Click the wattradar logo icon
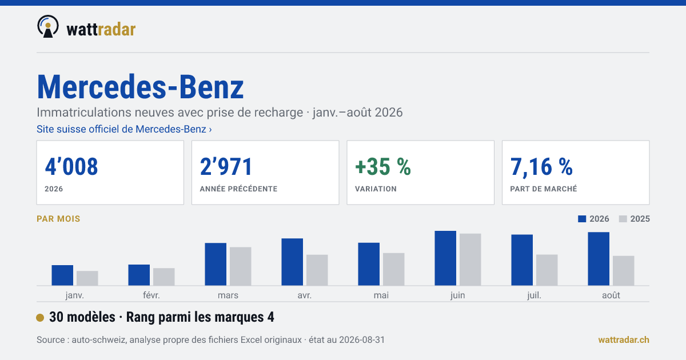[x=48, y=26]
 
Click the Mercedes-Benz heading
[x=140, y=87]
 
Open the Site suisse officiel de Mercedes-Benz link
[x=124, y=129]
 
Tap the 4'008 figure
[x=71, y=166]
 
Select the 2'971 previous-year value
[x=226, y=166]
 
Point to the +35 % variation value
[x=383, y=166]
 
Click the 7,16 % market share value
[x=541, y=167]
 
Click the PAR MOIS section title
[x=58, y=219]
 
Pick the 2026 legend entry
[x=593, y=219]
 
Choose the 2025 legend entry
[x=634, y=219]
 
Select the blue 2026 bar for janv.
[x=62, y=275]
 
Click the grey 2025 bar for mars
[x=241, y=266]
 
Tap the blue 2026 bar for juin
[x=445, y=258]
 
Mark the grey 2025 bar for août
[x=624, y=271]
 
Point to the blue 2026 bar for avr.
[x=292, y=262]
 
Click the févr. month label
[x=151, y=295]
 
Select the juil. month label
[x=534, y=295]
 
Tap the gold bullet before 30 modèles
[x=40, y=318]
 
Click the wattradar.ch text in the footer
[x=624, y=340]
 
